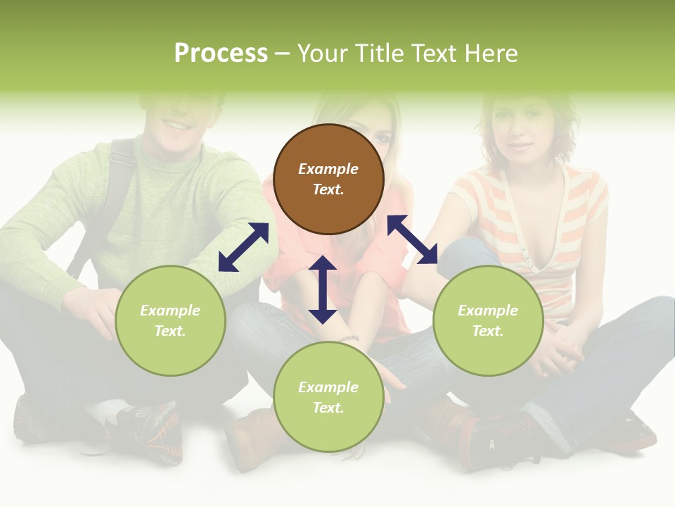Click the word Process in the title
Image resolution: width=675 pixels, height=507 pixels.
(x=221, y=54)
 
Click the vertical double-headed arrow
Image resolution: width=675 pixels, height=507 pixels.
(x=323, y=289)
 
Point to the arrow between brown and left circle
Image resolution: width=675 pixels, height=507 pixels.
(x=243, y=247)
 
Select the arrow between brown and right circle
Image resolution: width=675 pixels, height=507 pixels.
(x=412, y=239)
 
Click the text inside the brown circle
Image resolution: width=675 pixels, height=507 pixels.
(x=328, y=179)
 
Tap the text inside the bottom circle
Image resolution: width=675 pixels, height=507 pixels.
(x=328, y=397)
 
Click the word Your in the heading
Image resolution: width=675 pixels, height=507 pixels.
(x=323, y=54)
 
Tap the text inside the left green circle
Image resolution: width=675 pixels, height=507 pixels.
(x=170, y=320)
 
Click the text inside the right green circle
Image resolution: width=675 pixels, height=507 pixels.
(x=488, y=320)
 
